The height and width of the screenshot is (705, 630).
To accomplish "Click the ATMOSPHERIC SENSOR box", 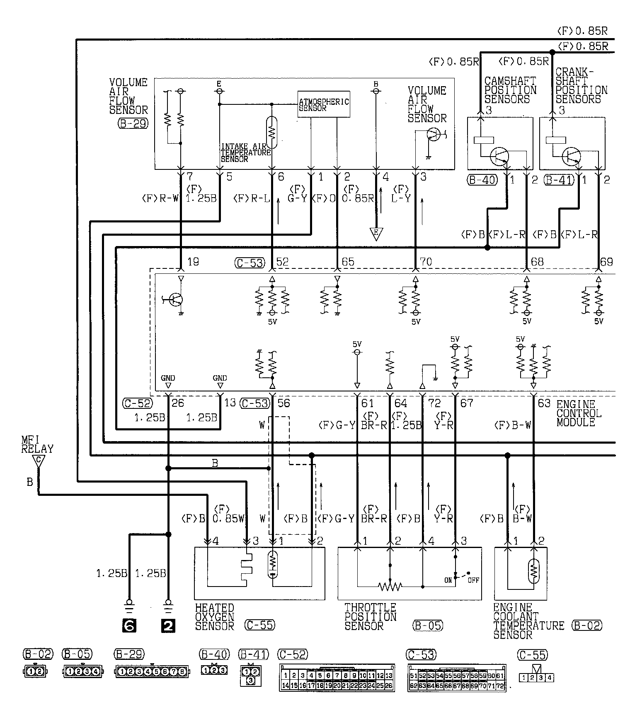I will click(x=324, y=104).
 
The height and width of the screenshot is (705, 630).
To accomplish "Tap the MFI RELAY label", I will click(x=37, y=444).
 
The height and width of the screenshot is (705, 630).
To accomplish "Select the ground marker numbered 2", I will click(x=168, y=626).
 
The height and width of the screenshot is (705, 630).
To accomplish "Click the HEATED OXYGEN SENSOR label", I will click(x=215, y=617).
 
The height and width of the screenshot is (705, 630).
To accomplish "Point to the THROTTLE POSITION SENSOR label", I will click(x=370, y=617).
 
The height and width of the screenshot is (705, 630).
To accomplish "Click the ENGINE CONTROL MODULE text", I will click(x=579, y=413).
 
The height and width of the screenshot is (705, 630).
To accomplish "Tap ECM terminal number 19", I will click(x=193, y=262).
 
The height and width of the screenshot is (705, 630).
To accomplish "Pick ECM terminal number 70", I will click(x=426, y=262).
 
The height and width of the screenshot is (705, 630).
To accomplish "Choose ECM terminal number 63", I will click(x=544, y=403).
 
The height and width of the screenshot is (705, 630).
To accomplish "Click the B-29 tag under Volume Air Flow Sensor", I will click(x=133, y=123).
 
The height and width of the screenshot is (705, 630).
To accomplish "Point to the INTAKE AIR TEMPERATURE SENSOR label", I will click(x=245, y=153).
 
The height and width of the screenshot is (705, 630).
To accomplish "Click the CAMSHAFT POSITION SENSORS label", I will click(x=510, y=90).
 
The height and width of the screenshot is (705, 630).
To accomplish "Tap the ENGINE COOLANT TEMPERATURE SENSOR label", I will click(x=528, y=621).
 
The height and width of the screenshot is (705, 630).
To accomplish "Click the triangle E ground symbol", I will click(x=376, y=234).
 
